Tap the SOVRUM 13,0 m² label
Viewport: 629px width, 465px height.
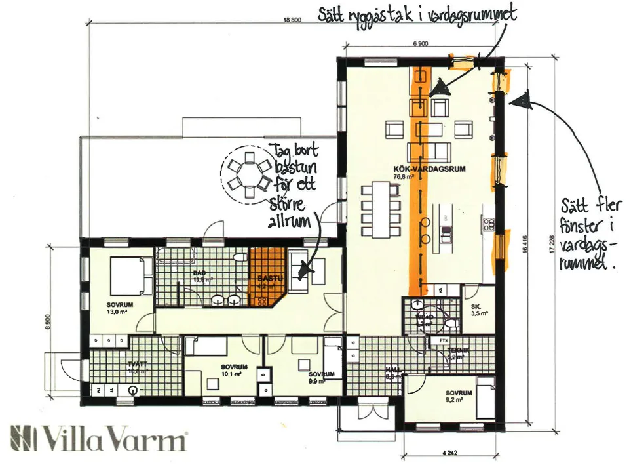tap(121, 308)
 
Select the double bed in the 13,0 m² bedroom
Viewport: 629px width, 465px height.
tap(126, 275)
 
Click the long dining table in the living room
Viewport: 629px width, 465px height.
tap(381, 209)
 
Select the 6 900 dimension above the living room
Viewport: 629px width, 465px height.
tap(420, 44)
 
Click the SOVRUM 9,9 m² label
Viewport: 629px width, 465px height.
tap(321, 376)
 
